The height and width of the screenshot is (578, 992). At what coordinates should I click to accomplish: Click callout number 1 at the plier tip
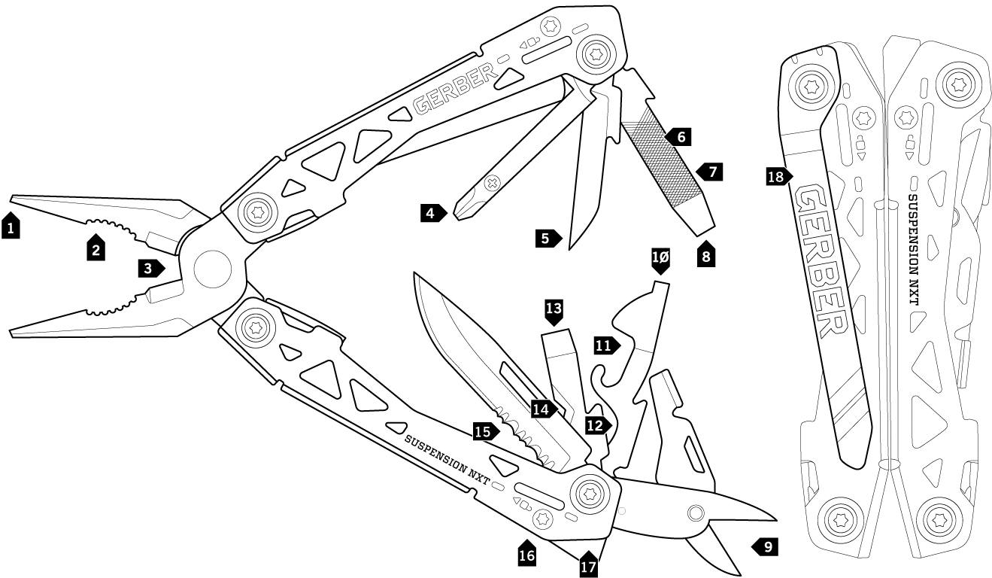(11, 226)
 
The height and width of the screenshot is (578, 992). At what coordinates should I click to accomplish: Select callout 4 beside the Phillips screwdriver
(430, 213)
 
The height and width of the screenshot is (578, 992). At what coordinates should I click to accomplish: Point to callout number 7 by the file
(711, 172)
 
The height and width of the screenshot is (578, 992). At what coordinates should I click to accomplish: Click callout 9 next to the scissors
(765, 546)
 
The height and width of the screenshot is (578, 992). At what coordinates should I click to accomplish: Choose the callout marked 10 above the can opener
(660, 258)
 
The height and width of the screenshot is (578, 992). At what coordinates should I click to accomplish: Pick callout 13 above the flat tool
(554, 309)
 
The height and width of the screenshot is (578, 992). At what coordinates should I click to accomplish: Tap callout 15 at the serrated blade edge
(484, 432)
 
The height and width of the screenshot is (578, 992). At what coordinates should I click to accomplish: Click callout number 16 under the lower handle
(527, 555)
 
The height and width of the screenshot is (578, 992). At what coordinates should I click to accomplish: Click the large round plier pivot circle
(213, 267)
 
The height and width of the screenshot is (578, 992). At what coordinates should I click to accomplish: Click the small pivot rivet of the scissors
(695, 513)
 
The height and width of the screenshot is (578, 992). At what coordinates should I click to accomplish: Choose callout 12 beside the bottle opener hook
(595, 425)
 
